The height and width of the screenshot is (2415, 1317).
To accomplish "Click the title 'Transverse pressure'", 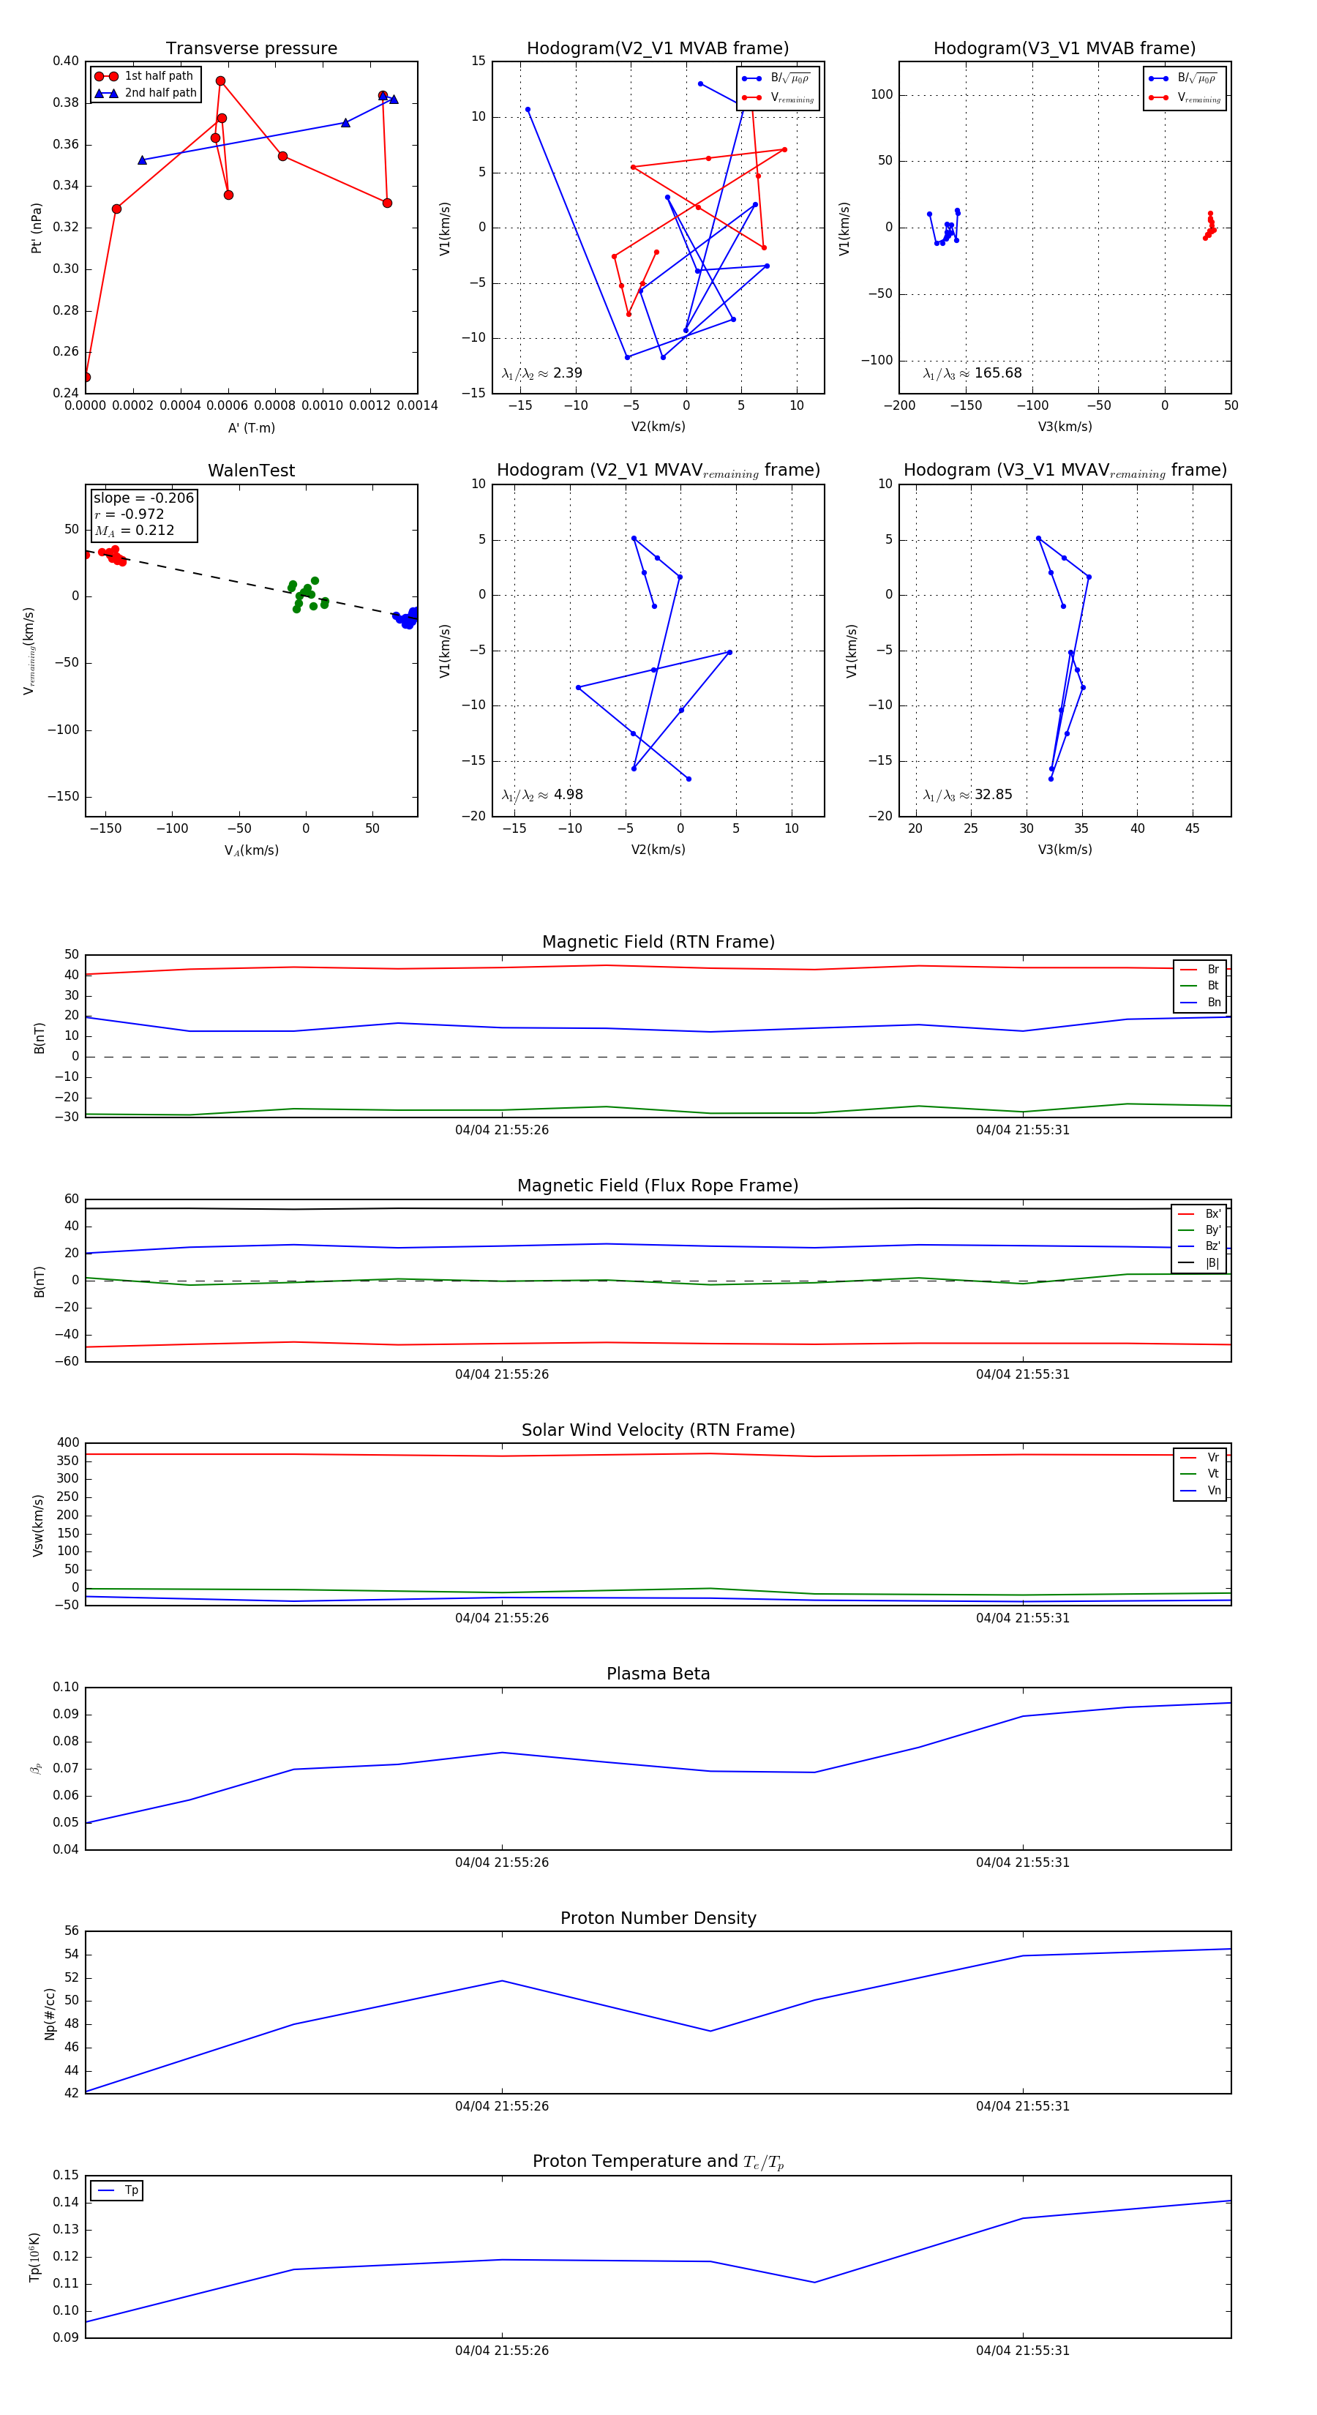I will click(251, 49).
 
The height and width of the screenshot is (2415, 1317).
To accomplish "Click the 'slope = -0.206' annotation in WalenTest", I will click(143, 498).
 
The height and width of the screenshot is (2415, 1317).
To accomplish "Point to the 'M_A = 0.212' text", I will click(134, 531).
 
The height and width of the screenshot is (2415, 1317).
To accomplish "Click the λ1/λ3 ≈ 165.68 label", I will click(972, 373).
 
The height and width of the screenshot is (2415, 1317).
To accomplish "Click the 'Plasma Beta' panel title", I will click(658, 1674).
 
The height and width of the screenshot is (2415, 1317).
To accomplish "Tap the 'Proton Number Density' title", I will click(658, 1918).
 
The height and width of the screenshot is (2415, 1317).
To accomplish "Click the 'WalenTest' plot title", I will click(251, 471).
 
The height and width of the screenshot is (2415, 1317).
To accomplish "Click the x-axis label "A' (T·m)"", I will click(251, 427).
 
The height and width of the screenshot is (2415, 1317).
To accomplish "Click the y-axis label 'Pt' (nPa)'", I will click(37, 228).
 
